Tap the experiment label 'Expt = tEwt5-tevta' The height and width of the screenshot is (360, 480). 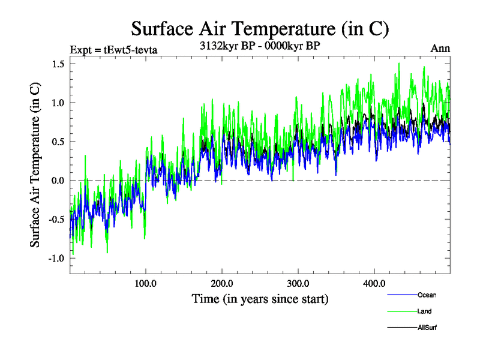point(113,49)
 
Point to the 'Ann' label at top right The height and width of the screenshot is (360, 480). point(440,49)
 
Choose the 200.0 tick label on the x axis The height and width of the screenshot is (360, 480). point(222,283)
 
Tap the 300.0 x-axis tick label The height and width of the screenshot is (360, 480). point(298,283)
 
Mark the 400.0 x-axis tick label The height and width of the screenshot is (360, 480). point(374,283)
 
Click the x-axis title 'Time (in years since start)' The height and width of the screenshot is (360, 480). point(260,298)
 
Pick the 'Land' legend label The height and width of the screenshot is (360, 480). point(424,311)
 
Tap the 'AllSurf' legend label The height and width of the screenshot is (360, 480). point(428,328)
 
